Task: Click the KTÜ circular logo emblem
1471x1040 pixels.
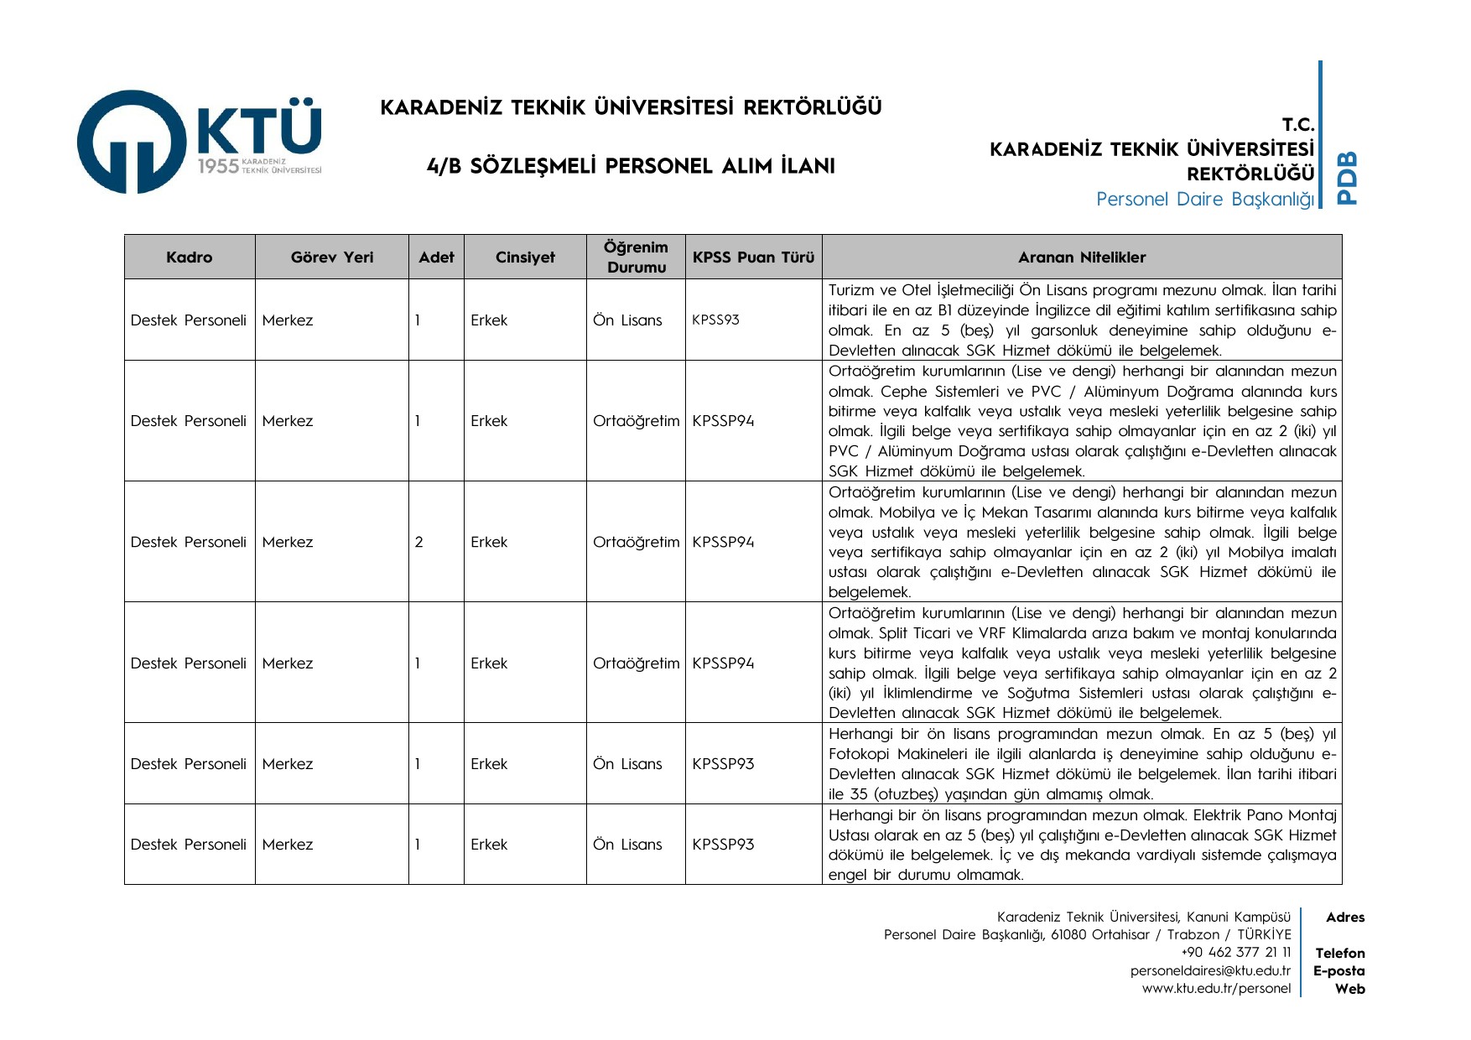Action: (132, 142)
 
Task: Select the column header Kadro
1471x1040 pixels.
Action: (190, 257)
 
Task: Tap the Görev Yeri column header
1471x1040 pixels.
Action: (332, 257)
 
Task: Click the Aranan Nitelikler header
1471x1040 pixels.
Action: (1082, 257)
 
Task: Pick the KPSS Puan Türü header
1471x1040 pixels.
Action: (753, 257)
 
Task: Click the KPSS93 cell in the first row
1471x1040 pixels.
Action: (715, 320)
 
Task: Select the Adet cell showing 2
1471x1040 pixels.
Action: (419, 542)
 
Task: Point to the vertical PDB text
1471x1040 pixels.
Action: (1347, 177)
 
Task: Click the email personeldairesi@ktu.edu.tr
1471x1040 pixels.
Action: (1210, 970)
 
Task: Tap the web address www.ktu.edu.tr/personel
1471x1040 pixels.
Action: (1216, 988)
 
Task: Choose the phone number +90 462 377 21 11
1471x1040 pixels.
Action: (1236, 952)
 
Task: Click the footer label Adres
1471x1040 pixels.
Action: (1345, 918)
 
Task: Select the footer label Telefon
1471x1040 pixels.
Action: (1339, 953)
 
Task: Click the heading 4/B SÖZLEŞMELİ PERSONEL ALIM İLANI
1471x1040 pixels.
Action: (631, 166)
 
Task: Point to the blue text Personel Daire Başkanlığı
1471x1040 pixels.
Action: (1204, 199)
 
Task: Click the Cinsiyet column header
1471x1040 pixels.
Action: (525, 257)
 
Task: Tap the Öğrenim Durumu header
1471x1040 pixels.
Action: (636, 257)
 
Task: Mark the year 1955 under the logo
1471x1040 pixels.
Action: (218, 166)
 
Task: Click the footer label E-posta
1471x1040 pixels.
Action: (1338, 970)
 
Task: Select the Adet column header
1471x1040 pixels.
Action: (436, 257)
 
